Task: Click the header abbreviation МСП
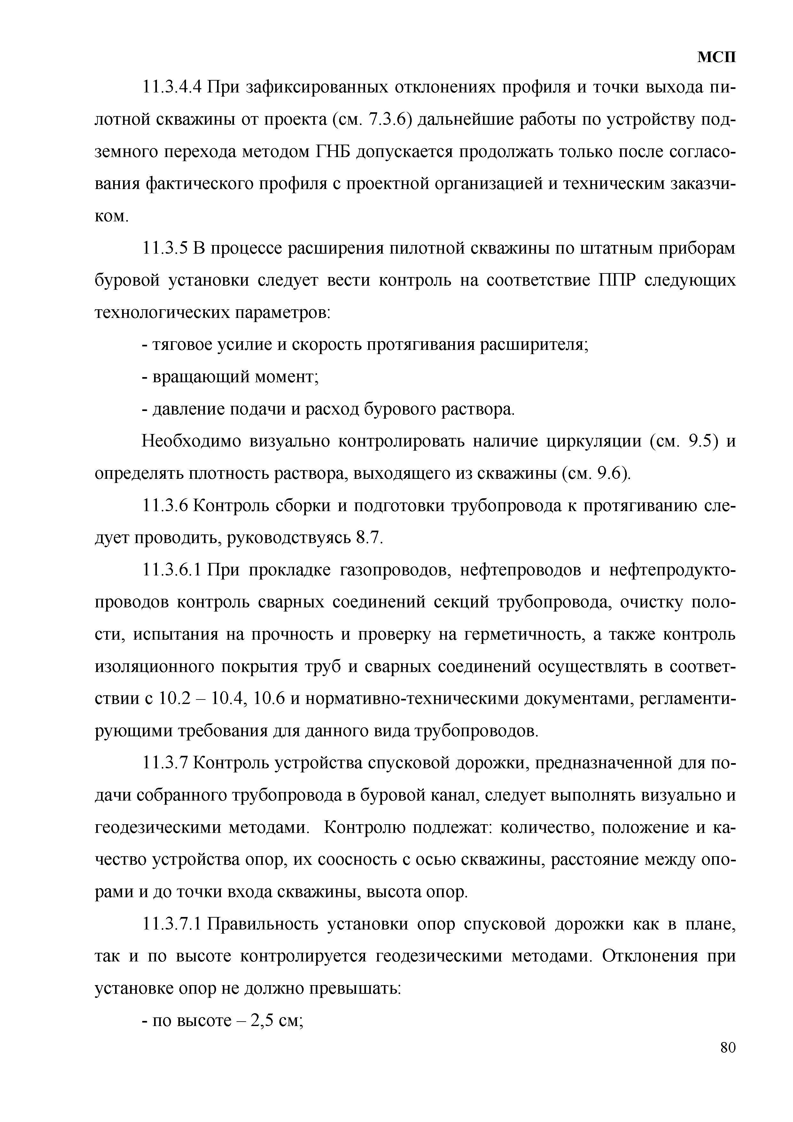(716, 58)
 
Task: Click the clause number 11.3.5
(165, 249)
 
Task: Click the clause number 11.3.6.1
(172, 570)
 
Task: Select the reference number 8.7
(367, 538)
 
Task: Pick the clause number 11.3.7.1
(172, 924)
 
